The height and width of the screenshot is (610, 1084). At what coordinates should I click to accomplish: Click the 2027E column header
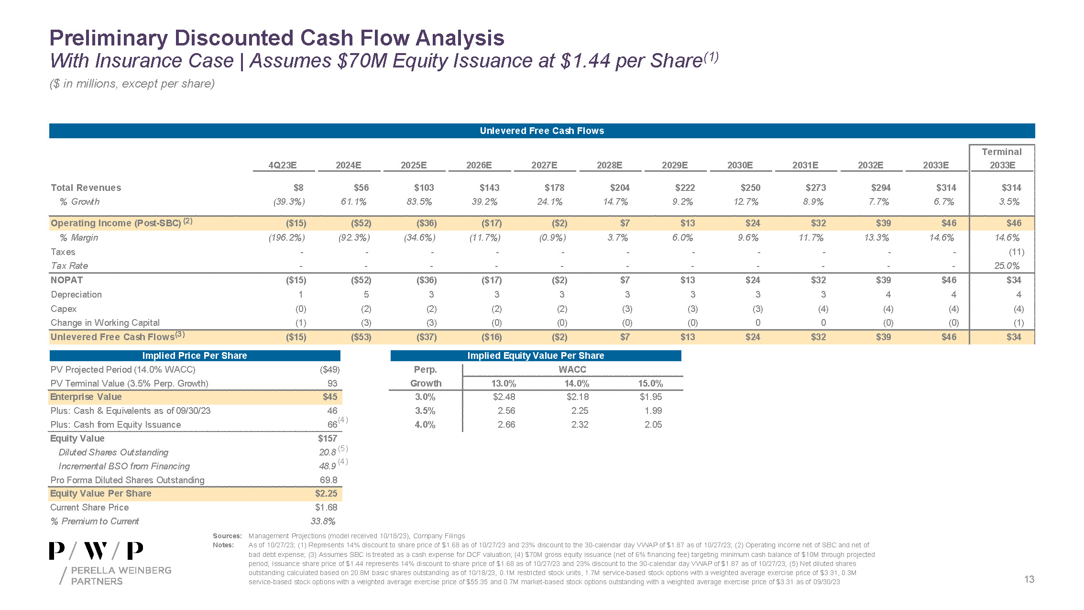(544, 165)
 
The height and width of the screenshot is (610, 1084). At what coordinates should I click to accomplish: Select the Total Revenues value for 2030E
(750, 188)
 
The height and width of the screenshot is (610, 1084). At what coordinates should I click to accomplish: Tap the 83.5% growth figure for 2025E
(419, 202)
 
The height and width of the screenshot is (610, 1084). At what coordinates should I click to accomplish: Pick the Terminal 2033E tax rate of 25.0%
(1007, 266)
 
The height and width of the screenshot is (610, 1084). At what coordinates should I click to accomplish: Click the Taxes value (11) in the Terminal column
(1016, 252)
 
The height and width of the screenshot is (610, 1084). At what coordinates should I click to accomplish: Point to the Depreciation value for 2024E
(366, 294)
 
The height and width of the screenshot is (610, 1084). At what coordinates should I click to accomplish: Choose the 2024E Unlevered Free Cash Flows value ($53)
(361, 337)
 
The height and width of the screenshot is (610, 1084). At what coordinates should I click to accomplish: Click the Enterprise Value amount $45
(330, 397)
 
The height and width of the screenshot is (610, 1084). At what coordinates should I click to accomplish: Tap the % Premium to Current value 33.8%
(323, 521)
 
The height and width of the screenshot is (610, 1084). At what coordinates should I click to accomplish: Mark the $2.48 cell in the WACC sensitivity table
(504, 397)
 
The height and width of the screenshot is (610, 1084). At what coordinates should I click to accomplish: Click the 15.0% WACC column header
(650, 383)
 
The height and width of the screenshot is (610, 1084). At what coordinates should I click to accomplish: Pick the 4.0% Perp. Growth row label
(425, 424)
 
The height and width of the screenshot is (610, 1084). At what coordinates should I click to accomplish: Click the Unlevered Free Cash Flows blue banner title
(542, 131)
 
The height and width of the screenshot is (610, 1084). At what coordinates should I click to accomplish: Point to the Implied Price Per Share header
(195, 355)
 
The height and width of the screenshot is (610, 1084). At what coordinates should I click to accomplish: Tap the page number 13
(1029, 579)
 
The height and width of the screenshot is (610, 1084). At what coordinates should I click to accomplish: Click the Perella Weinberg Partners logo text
(121, 576)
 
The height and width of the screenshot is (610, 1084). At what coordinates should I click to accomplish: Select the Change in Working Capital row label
(105, 322)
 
